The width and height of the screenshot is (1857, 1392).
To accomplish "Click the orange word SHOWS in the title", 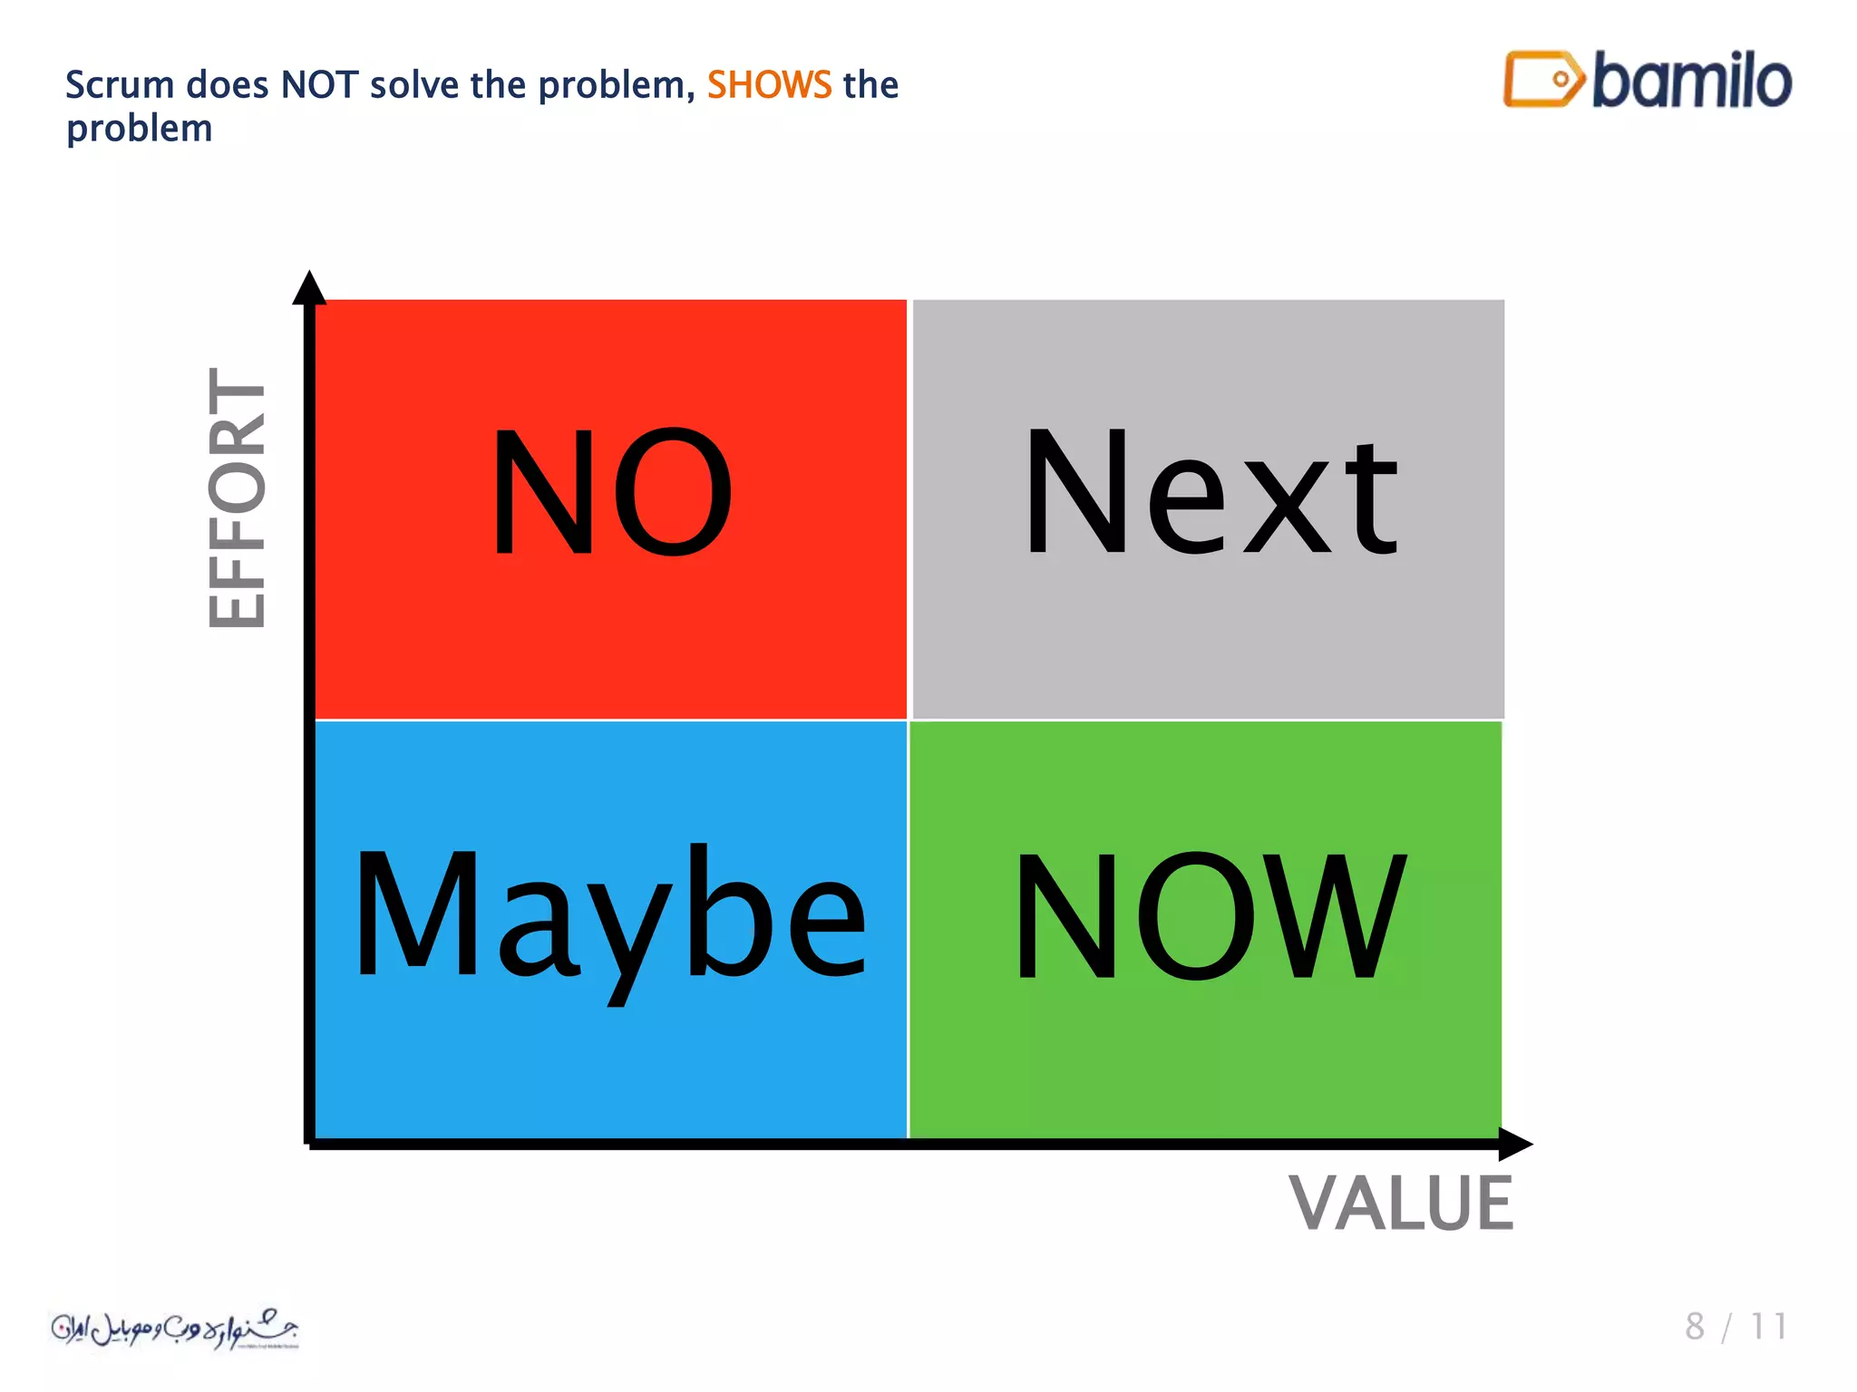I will point(769,85).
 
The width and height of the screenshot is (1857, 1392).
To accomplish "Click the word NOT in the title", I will point(319,85).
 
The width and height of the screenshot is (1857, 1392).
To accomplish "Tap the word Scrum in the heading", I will point(119,85).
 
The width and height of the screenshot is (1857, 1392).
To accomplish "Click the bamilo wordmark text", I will point(1692,82).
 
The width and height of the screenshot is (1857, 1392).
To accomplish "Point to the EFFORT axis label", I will point(238,498).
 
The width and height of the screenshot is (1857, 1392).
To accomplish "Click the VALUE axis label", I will point(1401,1203).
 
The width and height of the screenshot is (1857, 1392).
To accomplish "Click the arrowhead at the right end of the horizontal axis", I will point(1515,1144).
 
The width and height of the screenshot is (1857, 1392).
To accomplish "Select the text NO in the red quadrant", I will point(611,491).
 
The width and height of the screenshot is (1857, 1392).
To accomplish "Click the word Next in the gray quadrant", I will point(1210,494).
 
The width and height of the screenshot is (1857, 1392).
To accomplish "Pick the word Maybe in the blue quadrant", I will point(609,915).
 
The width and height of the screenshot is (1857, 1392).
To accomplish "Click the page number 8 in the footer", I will point(1694,1327).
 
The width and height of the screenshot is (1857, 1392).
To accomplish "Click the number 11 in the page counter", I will point(1768,1327).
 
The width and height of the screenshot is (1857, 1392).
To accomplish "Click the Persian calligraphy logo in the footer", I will point(174,1329).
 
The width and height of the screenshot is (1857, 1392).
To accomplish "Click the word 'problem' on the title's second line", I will point(140,130).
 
